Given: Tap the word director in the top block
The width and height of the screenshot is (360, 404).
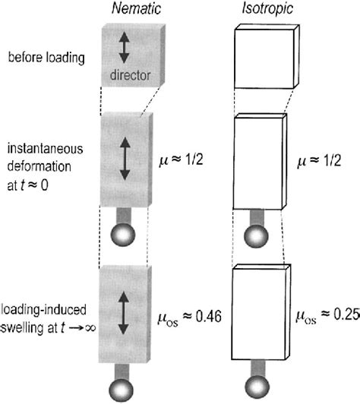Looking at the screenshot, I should coord(128,77).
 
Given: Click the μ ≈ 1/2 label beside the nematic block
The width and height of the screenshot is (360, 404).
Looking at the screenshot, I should coord(189,161).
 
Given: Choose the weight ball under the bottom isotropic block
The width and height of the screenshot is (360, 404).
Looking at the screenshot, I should coord(257,387).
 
